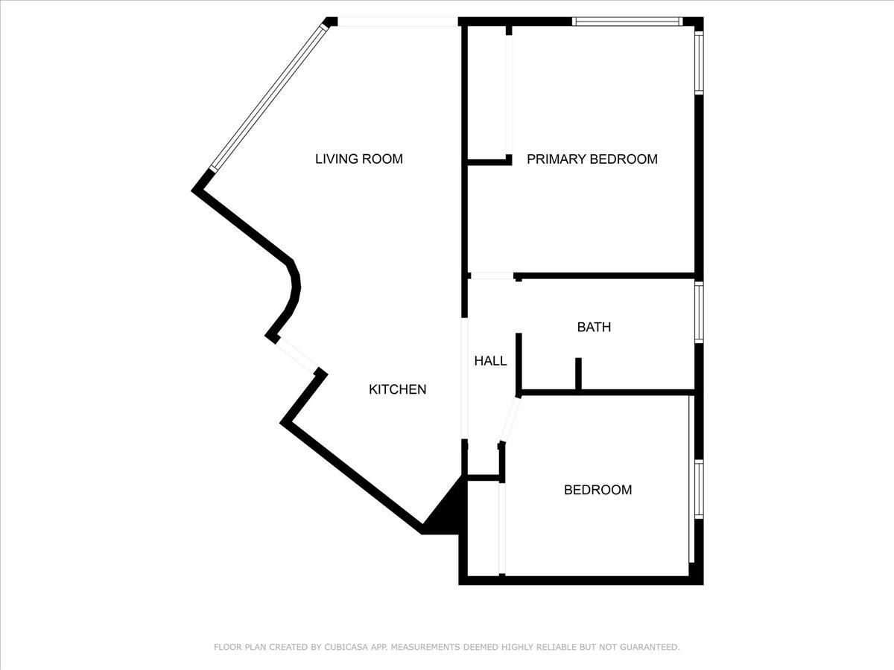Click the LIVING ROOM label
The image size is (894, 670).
tap(358, 159)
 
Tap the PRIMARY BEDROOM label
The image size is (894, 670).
tap(592, 159)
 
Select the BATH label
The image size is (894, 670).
tap(594, 327)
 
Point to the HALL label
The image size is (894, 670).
tap(490, 361)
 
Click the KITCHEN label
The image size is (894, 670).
tap(398, 389)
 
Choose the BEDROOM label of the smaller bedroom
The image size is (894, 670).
tap(597, 490)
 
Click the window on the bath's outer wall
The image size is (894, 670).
tap(699, 312)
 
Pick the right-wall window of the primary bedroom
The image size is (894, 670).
tap(699, 63)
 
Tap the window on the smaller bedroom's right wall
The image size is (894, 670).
tap(699, 489)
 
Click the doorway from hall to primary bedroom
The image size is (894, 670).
tap(492, 276)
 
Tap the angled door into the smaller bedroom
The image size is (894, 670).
tap(510, 420)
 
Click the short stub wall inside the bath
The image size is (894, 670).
tap(578, 374)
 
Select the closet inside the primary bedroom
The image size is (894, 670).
tap(487, 93)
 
